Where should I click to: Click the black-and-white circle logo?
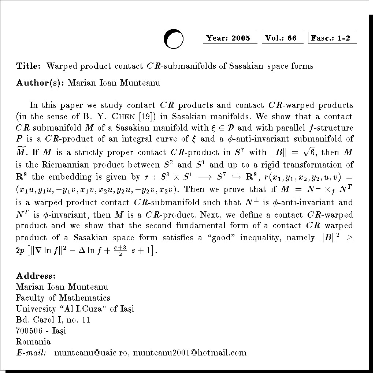173,39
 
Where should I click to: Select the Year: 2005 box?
230,38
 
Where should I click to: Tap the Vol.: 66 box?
282,38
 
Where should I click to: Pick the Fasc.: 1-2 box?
332,38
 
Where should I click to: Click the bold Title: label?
28,66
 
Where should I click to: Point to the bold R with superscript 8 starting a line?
22,177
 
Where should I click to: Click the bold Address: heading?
36,276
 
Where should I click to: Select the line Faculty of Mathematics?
63,298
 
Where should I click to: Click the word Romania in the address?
33,342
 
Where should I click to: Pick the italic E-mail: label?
31,353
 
